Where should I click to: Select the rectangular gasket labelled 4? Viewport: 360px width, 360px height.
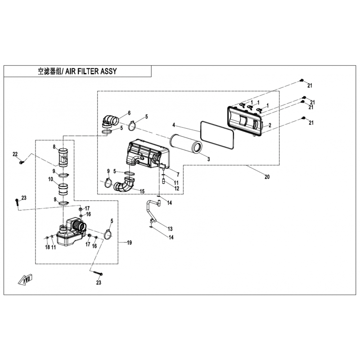coord(217,134)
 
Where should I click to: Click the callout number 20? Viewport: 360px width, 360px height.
coord(267,177)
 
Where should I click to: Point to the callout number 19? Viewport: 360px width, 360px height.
coord(129,243)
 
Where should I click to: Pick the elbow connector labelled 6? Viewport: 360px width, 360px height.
coord(110,121)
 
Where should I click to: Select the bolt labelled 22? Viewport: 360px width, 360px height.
coord(22,162)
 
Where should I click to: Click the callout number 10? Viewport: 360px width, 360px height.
coord(50,179)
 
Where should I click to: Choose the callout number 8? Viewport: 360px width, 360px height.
coord(54,147)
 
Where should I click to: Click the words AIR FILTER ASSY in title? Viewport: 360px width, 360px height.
coord(91,71)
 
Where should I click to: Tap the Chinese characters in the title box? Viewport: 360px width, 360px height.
coord(49,72)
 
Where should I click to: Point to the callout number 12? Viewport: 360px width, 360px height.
coord(176,188)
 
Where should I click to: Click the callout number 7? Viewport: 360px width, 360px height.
coord(178,175)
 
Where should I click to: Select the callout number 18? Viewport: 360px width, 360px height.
coord(48,247)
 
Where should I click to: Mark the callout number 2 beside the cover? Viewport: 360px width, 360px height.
coord(270,125)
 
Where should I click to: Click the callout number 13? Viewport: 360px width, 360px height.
coord(170,229)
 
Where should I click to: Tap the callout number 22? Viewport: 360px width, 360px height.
coord(15,154)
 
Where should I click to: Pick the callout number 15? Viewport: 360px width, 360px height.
coord(142,191)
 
